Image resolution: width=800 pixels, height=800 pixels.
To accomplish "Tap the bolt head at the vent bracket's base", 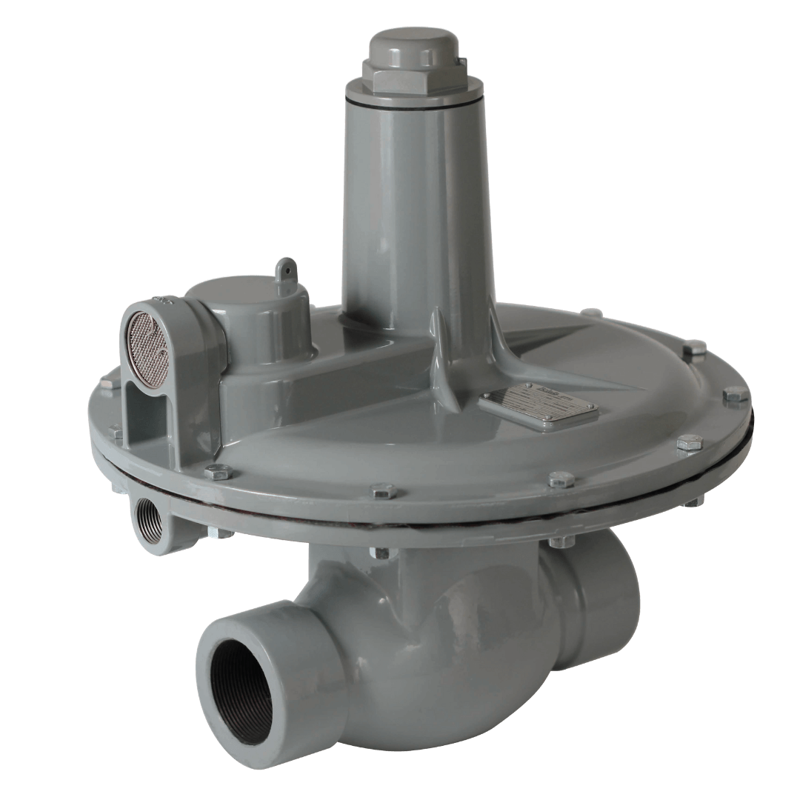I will pyautogui.click(x=117, y=433).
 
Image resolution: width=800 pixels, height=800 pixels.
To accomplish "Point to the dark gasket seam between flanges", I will pyautogui.click(x=519, y=523).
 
